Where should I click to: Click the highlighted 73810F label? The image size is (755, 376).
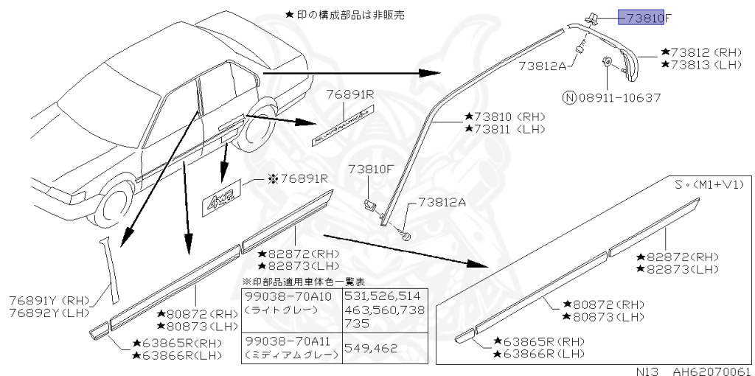point(641,17)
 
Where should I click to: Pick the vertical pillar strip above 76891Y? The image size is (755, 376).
point(110,268)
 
